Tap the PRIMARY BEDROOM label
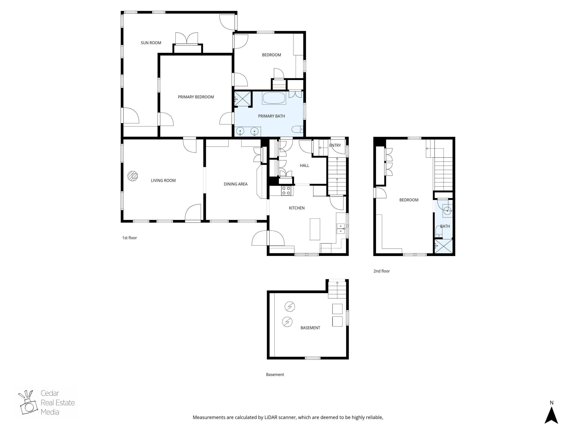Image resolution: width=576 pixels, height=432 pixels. [196, 97]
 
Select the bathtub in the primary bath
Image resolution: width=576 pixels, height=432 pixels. [274, 98]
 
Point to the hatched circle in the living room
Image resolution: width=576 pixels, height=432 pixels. [132, 176]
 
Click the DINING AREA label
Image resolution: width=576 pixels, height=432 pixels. [235, 184]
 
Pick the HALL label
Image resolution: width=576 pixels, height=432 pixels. [304, 165]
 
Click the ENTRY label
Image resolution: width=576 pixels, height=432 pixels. [335, 145]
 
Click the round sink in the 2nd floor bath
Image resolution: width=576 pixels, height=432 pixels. [447, 210]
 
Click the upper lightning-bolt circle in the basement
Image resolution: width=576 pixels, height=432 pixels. [290, 306]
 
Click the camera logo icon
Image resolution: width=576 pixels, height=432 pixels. [28, 403]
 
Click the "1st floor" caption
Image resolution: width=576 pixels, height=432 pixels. [129, 238]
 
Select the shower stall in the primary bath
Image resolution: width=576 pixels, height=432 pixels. [243, 99]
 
